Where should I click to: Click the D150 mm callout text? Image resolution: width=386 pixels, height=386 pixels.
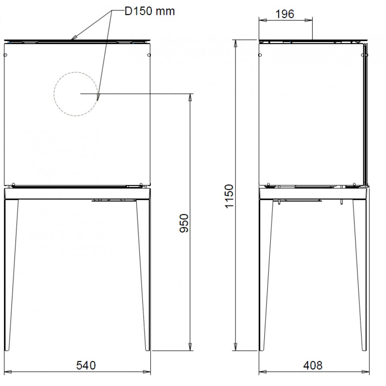[150, 11]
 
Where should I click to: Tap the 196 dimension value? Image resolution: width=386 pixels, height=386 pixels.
[285, 14]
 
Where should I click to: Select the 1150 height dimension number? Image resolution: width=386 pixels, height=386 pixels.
[229, 196]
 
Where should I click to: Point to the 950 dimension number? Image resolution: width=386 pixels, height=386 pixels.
[184, 223]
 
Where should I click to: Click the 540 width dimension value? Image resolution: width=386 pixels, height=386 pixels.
[86, 365]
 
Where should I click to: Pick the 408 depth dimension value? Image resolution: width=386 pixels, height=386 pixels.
[313, 365]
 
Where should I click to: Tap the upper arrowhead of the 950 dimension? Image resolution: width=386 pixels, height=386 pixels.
[190, 97]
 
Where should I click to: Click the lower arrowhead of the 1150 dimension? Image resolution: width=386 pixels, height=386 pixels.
[235, 347]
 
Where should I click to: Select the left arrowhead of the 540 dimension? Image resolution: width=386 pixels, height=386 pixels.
[8, 372]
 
